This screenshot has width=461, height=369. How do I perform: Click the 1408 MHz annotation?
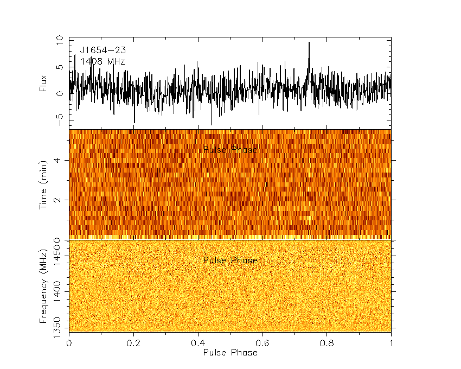tap(103, 62)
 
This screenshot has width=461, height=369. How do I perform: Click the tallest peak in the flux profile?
tap(309, 43)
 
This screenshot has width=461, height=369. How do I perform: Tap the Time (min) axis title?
tap(44, 184)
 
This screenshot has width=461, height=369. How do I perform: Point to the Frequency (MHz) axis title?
tap(44, 287)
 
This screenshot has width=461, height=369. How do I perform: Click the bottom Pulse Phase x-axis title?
tap(230, 352)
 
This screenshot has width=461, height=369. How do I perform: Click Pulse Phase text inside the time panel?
tap(230, 150)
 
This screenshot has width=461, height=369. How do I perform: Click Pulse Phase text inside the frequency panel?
tap(230, 260)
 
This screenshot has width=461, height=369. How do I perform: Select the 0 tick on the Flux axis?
tap(60, 93)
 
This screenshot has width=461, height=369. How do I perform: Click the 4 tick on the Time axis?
tap(60, 160)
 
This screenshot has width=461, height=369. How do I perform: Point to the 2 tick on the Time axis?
tap(60, 200)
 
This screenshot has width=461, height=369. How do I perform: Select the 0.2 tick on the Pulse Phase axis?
tap(133, 343)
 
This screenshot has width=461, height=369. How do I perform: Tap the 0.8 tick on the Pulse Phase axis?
tap(326, 343)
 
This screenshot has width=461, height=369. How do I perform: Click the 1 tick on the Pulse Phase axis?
tap(391, 343)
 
